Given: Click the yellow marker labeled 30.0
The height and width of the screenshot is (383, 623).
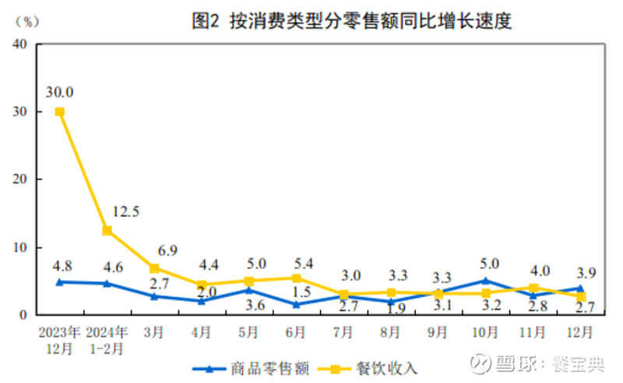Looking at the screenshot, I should coord(59,112).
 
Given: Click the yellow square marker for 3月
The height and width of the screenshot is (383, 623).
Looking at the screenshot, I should coord(154,268).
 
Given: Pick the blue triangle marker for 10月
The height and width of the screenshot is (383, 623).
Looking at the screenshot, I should coord(485,281).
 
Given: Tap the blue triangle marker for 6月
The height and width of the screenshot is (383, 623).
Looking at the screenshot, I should coord(296,304).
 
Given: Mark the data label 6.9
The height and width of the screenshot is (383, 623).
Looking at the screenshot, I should coord(167,250).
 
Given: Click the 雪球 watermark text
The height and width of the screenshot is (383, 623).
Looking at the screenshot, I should coord(520,364).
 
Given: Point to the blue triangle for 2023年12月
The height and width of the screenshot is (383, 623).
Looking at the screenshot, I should coord(59,282).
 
